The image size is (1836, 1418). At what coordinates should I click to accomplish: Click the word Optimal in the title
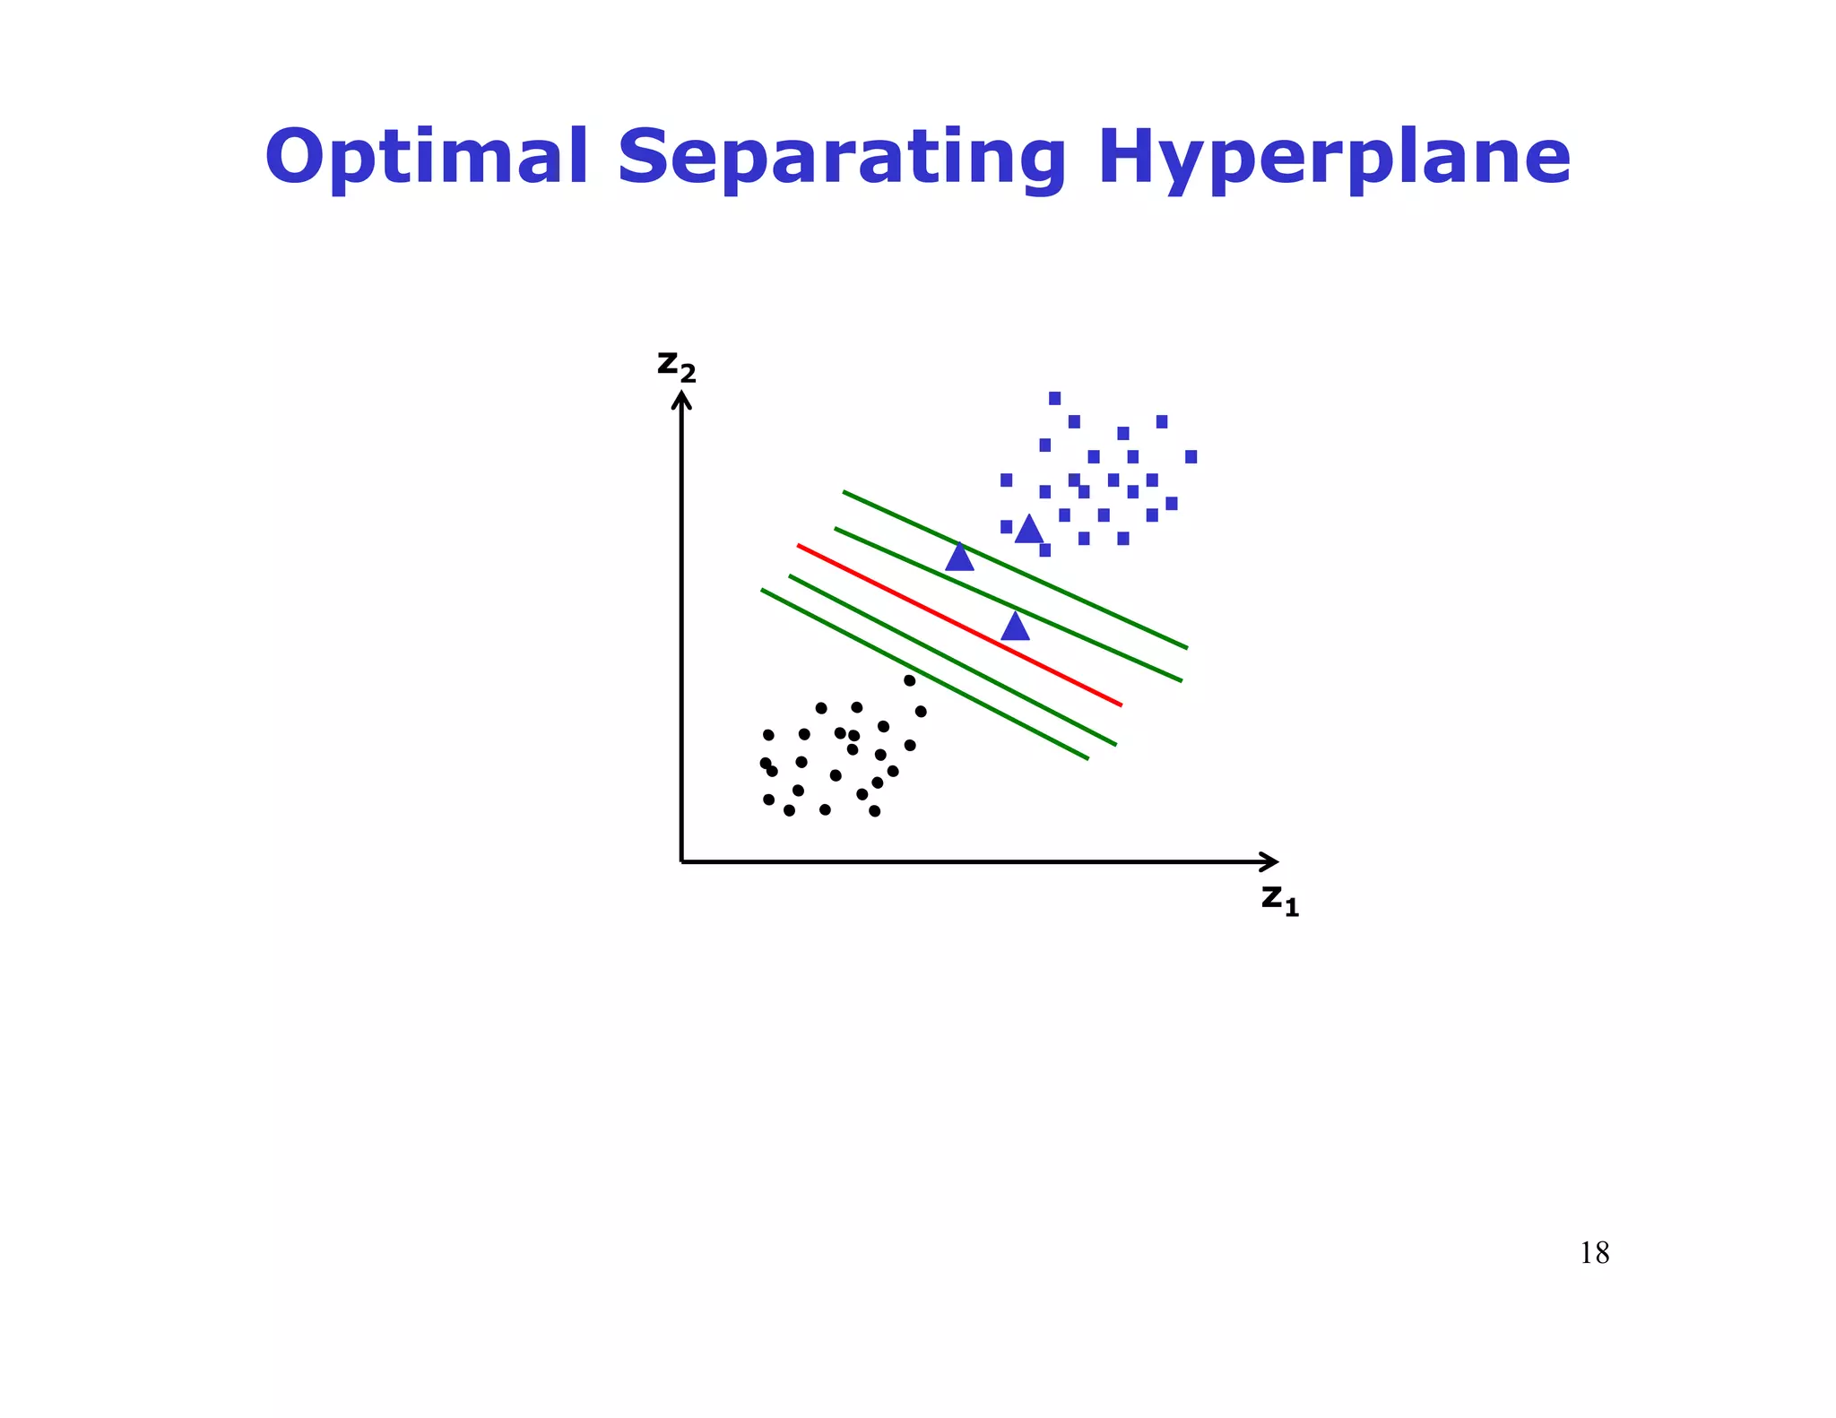pos(427,157)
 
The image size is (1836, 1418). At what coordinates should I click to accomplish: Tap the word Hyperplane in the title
pos(1334,159)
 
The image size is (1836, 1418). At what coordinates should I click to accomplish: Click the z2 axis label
pos(676,365)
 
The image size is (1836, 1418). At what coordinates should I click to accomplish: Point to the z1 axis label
pos(1279,898)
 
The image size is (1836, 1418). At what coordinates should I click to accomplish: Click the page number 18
pos(1594,1252)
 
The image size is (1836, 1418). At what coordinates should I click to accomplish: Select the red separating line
pos(959,625)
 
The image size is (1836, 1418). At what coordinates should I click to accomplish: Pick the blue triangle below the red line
pos(1015,627)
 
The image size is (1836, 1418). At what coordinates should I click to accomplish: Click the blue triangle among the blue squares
pos(1029,530)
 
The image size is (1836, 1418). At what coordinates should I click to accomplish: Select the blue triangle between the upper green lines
pos(959,558)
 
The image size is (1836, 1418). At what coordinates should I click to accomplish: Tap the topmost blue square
pos(1054,398)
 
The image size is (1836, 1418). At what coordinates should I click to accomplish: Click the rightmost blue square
pos(1191,457)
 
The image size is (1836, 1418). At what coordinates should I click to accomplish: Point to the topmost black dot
pos(909,680)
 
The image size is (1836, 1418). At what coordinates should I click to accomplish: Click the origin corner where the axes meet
pos(682,861)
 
